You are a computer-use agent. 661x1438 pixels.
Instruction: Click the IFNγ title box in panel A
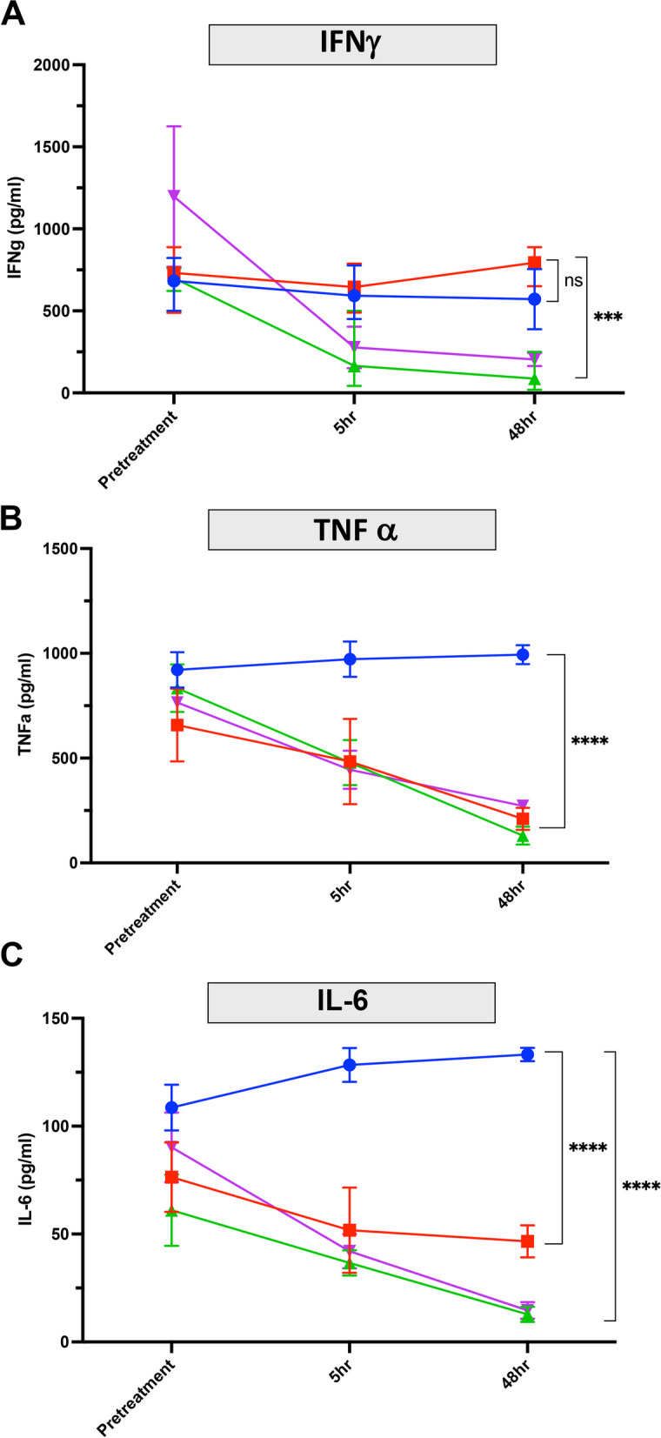click(352, 44)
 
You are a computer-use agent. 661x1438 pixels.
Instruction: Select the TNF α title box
click(352, 530)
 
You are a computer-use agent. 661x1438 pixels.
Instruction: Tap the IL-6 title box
click(351, 1001)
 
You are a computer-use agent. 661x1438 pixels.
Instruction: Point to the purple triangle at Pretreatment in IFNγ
click(175, 196)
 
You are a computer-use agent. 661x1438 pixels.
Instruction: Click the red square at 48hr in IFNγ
click(535, 263)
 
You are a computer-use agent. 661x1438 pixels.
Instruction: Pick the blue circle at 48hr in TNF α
click(523, 655)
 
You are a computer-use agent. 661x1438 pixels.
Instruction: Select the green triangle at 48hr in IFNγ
click(535, 378)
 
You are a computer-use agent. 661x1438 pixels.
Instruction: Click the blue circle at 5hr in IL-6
click(350, 1065)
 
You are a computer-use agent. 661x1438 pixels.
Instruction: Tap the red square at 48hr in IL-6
click(527, 1241)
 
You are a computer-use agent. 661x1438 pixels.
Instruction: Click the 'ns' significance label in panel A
click(573, 281)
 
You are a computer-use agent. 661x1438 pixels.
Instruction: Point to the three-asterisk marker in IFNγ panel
click(607, 318)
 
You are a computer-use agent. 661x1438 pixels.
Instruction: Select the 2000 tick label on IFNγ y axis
click(53, 65)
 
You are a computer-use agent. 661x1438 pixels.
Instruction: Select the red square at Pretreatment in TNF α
click(177, 725)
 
